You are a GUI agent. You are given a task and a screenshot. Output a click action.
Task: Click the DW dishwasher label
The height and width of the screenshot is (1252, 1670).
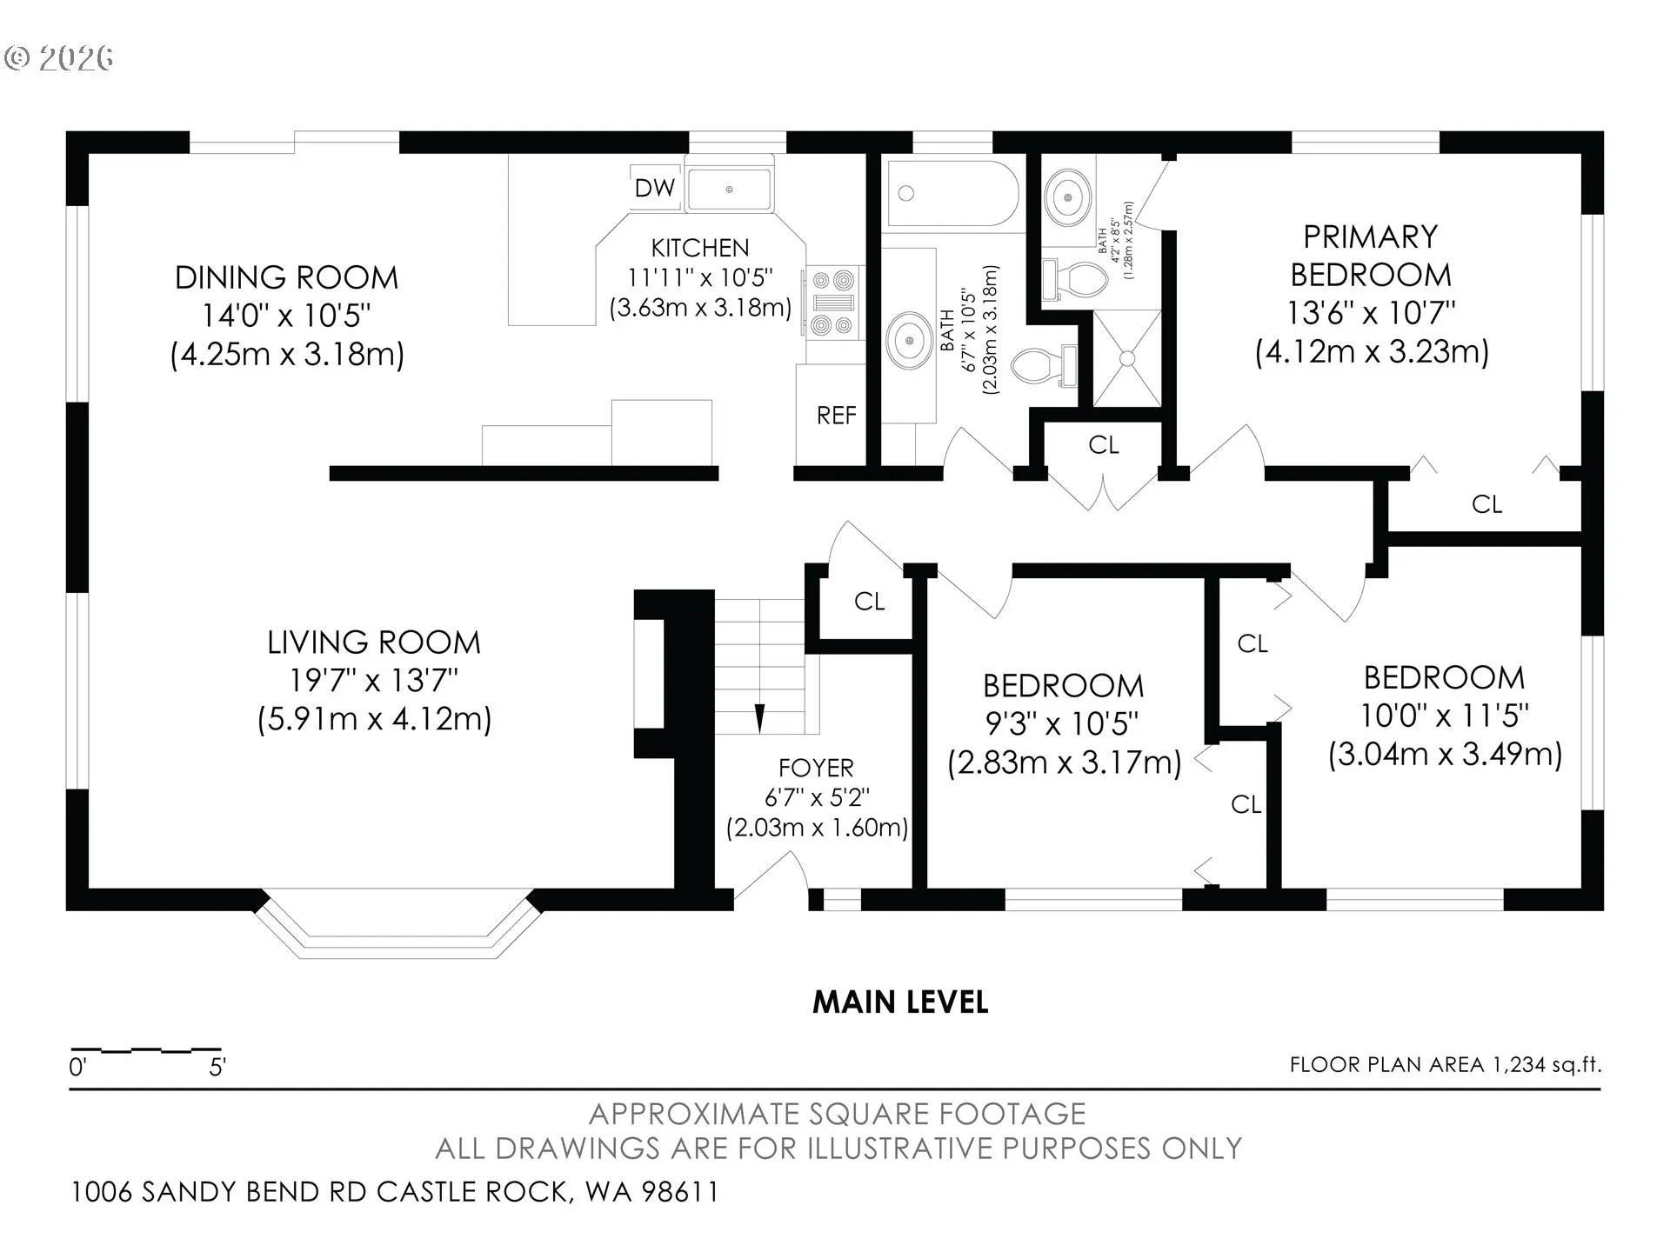[x=654, y=188]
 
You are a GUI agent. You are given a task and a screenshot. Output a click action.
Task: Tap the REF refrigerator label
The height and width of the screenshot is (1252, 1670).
[x=836, y=416]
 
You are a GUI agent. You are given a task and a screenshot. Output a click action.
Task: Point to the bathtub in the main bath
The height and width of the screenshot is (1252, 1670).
[x=952, y=193]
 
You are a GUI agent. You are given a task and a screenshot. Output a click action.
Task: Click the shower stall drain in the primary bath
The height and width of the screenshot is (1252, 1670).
[x=1127, y=357]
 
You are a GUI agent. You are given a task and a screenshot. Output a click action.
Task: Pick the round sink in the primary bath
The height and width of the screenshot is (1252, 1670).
[x=1068, y=197]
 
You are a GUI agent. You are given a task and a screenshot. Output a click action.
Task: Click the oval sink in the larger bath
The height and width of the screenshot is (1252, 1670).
[x=910, y=339]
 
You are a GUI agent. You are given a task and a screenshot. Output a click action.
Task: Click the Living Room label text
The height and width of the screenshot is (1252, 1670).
[x=374, y=643]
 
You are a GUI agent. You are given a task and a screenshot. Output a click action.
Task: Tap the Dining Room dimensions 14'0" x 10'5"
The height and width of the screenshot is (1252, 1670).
[x=286, y=316]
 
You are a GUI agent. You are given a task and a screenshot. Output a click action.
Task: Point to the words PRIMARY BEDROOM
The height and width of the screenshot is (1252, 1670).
[x=1371, y=256]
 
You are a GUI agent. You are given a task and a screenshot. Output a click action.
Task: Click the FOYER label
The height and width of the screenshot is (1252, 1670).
[x=816, y=768]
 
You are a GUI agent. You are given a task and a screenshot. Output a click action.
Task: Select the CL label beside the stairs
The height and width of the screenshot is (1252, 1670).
[x=869, y=602]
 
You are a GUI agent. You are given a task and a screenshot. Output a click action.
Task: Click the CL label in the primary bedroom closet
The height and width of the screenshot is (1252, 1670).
[x=1486, y=504]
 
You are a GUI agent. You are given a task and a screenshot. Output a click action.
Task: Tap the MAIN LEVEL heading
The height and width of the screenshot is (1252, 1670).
[x=900, y=1002]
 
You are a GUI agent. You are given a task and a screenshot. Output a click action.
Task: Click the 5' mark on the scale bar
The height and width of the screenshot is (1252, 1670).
[x=217, y=1067]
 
